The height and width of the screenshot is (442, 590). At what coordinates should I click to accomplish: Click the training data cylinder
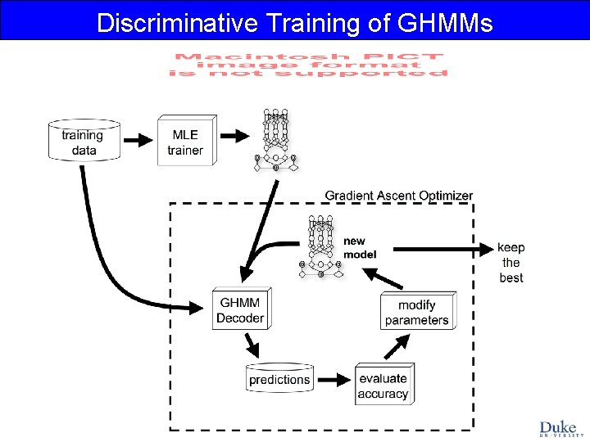tap(84, 142)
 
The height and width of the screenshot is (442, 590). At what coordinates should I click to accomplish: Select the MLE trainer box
tap(185, 142)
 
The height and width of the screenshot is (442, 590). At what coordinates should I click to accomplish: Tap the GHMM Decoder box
tap(240, 309)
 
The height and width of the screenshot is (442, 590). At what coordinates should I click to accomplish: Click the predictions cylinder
tap(279, 378)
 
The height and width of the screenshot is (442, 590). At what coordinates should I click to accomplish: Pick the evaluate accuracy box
tap(383, 386)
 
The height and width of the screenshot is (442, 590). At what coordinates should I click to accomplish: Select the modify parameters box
tap(416, 312)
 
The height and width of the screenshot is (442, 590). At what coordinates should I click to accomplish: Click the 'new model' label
tap(360, 247)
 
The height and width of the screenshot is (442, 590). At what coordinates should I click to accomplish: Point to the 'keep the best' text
tap(511, 263)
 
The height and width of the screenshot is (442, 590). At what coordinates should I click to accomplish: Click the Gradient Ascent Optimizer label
tap(398, 196)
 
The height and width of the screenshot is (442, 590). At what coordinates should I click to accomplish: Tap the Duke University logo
tap(558, 428)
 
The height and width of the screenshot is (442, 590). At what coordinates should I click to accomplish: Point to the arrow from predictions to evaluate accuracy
tap(332, 379)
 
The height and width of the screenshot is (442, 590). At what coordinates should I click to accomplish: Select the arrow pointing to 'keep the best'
tap(442, 247)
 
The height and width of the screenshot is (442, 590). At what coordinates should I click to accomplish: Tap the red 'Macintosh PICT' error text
tap(308, 65)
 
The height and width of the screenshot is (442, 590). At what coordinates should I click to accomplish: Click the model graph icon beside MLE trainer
tap(275, 140)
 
